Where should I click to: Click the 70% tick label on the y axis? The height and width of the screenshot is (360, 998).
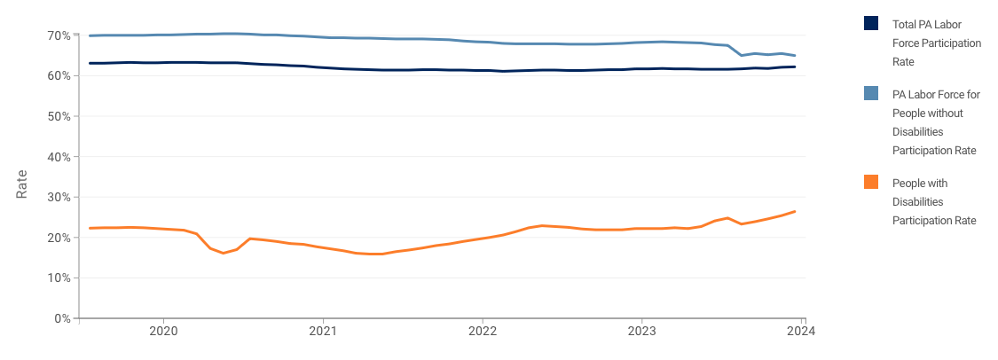point(59,35)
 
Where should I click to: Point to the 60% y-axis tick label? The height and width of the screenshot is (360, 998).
point(59,76)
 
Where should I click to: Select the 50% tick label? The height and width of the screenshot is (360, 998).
point(59,116)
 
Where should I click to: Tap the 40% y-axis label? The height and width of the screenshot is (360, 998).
point(59,157)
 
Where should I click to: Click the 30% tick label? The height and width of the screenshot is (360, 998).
point(59,197)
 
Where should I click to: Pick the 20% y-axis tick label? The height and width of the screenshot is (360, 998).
point(59,238)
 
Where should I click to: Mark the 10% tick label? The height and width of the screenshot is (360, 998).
point(59,278)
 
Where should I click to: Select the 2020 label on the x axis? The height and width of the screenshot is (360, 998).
point(163,332)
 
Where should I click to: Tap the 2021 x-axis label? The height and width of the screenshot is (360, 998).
point(323,332)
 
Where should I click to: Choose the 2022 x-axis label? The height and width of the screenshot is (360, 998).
point(482,332)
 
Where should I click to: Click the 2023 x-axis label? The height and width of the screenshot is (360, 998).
point(641,332)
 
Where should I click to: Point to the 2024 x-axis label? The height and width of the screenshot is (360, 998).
point(801,332)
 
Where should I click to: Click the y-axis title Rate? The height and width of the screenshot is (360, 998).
point(22,184)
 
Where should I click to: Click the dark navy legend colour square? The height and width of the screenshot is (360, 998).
point(871,23)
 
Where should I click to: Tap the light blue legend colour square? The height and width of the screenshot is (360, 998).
point(871,94)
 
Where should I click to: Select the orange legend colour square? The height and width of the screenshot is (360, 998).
point(871,182)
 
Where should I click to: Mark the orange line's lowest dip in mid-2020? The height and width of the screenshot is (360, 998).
point(224,254)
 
